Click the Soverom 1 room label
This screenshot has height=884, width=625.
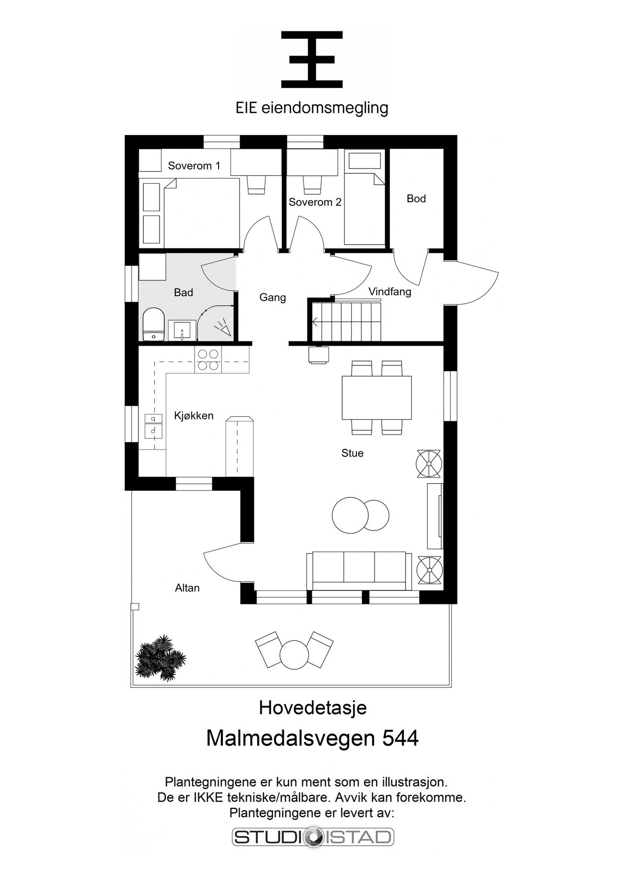(194, 166)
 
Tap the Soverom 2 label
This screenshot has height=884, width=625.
(315, 202)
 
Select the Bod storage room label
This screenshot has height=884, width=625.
(416, 198)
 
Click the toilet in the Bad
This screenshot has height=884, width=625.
(153, 324)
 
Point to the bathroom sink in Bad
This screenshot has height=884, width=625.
(182, 330)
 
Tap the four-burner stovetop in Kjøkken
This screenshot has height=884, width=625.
(208, 359)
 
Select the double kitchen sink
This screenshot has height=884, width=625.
(154, 425)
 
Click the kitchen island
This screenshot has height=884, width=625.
(239, 446)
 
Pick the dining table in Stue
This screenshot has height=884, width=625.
(377, 397)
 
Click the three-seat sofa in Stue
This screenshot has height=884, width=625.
(359, 570)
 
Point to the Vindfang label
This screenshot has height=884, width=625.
(390, 292)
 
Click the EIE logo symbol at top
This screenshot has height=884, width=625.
(312, 59)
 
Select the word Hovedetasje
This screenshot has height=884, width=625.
(313, 708)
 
